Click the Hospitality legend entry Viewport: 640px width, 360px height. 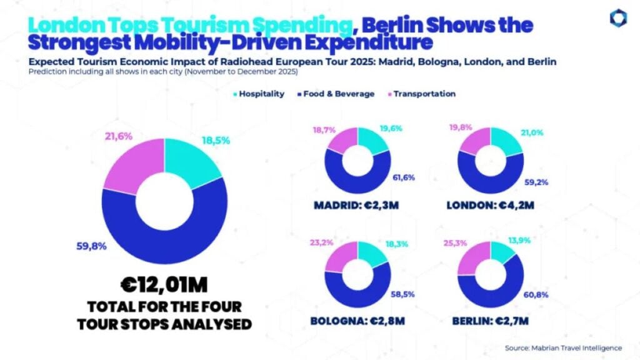259,94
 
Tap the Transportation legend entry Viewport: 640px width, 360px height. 422,94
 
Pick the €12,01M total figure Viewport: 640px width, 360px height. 164,286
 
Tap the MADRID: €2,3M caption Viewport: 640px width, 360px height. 357,206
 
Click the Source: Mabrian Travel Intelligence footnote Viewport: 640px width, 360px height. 563,347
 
